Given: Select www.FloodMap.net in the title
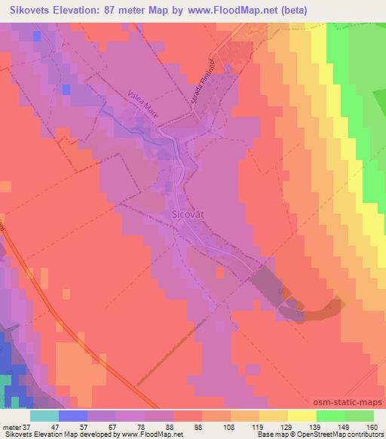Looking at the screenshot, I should (x=233, y=10).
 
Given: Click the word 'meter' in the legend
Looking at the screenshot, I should (x=11, y=426).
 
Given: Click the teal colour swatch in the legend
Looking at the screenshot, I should (x=44, y=416).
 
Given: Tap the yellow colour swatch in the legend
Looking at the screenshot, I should (x=302, y=416).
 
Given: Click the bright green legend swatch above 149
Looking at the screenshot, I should (x=330, y=416).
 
